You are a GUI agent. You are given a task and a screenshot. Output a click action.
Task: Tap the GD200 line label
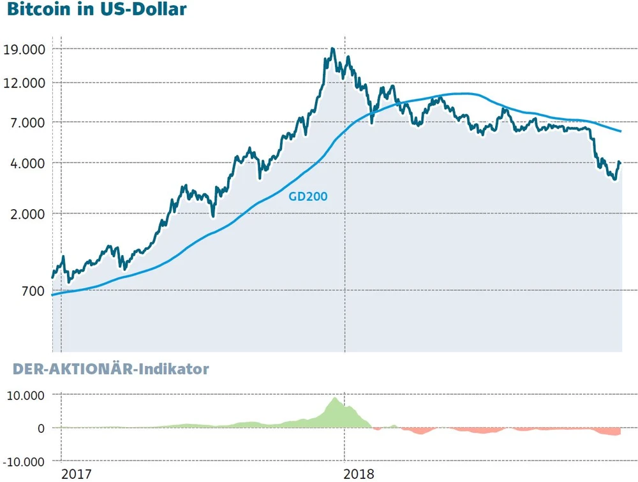pyautogui.click(x=308, y=197)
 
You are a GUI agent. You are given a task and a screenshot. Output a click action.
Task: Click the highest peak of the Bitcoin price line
pyautogui.click(x=332, y=48)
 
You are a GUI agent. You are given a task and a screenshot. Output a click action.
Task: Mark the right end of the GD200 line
pyautogui.click(x=621, y=131)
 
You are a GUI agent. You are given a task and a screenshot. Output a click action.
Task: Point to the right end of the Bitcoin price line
pyautogui.click(x=619, y=162)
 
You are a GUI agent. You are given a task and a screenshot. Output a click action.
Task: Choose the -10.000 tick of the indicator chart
pyautogui.click(x=24, y=461)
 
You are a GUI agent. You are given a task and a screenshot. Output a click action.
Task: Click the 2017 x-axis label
pyautogui.click(x=75, y=474)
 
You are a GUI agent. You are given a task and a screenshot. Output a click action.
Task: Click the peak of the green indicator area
pyautogui.click(x=336, y=398)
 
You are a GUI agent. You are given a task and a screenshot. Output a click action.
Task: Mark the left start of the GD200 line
pyautogui.click(x=52, y=295)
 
